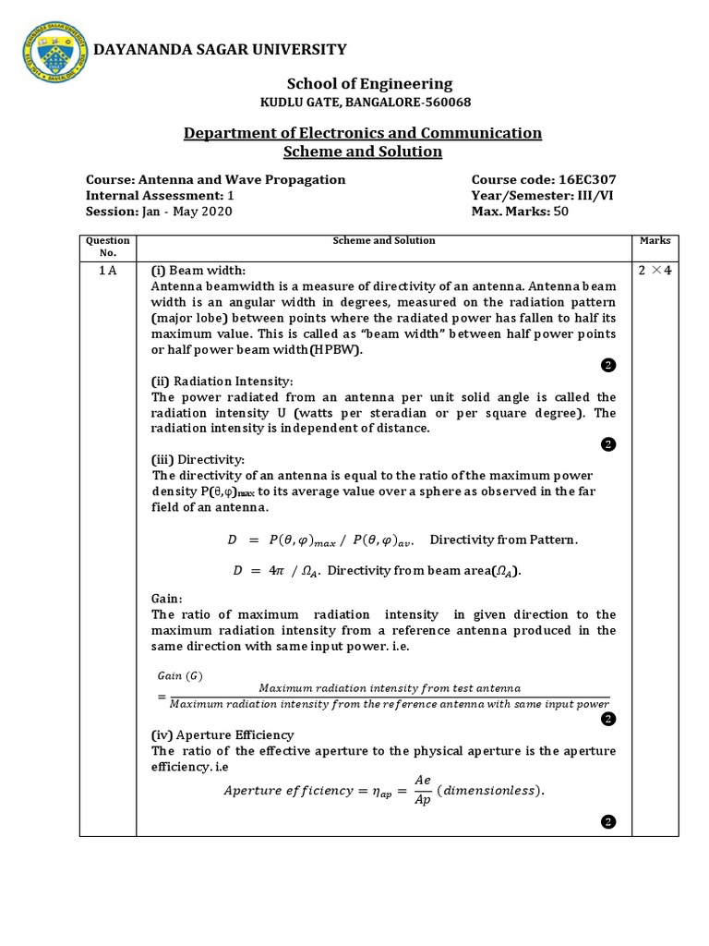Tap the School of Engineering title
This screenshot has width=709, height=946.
click(363, 83)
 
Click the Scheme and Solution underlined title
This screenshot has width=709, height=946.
click(363, 152)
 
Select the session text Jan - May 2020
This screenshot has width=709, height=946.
click(186, 211)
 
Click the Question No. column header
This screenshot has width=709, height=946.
click(108, 246)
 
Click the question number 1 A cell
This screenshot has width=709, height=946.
click(108, 271)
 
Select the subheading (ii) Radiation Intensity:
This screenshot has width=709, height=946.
click(222, 382)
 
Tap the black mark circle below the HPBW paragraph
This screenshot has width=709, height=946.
click(607, 366)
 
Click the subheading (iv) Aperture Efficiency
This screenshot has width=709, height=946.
click(222, 734)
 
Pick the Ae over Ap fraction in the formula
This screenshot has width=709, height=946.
click(422, 789)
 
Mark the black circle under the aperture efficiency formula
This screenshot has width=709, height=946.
click(607, 820)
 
